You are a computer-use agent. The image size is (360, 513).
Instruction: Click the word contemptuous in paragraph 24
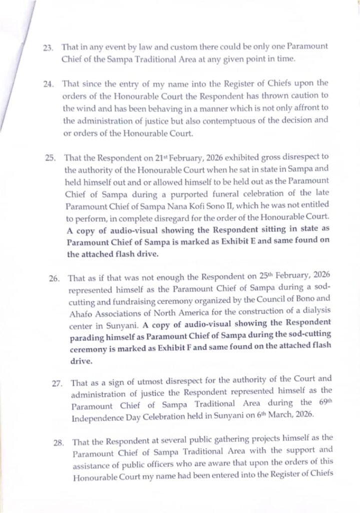click(x=215, y=120)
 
